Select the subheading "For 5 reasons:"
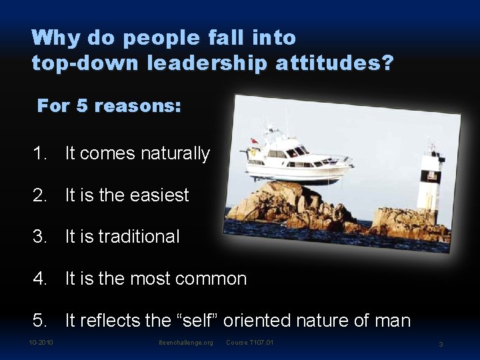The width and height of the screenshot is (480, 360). (x=109, y=106)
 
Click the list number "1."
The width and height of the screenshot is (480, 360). (x=41, y=154)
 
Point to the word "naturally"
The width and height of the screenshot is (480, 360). (x=175, y=154)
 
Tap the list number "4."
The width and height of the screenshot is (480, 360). (x=41, y=279)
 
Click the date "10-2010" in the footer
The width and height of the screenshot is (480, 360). (x=41, y=343)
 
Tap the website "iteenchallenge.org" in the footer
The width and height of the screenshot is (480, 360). (x=186, y=343)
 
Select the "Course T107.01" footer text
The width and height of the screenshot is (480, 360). (x=250, y=343)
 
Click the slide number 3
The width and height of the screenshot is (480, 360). (x=441, y=344)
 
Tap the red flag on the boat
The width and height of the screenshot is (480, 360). (x=253, y=141)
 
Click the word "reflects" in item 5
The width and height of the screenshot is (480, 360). (x=110, y=321)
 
